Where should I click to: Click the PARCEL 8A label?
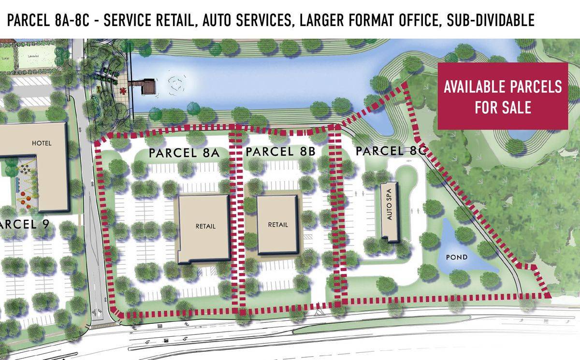184,153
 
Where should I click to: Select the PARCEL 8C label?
390,151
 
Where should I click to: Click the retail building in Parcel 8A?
204,227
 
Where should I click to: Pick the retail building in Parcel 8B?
277,225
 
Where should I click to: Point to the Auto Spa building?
390,212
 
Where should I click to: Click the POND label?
456,257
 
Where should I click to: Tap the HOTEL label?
41,144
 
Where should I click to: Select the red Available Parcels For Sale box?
503,96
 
